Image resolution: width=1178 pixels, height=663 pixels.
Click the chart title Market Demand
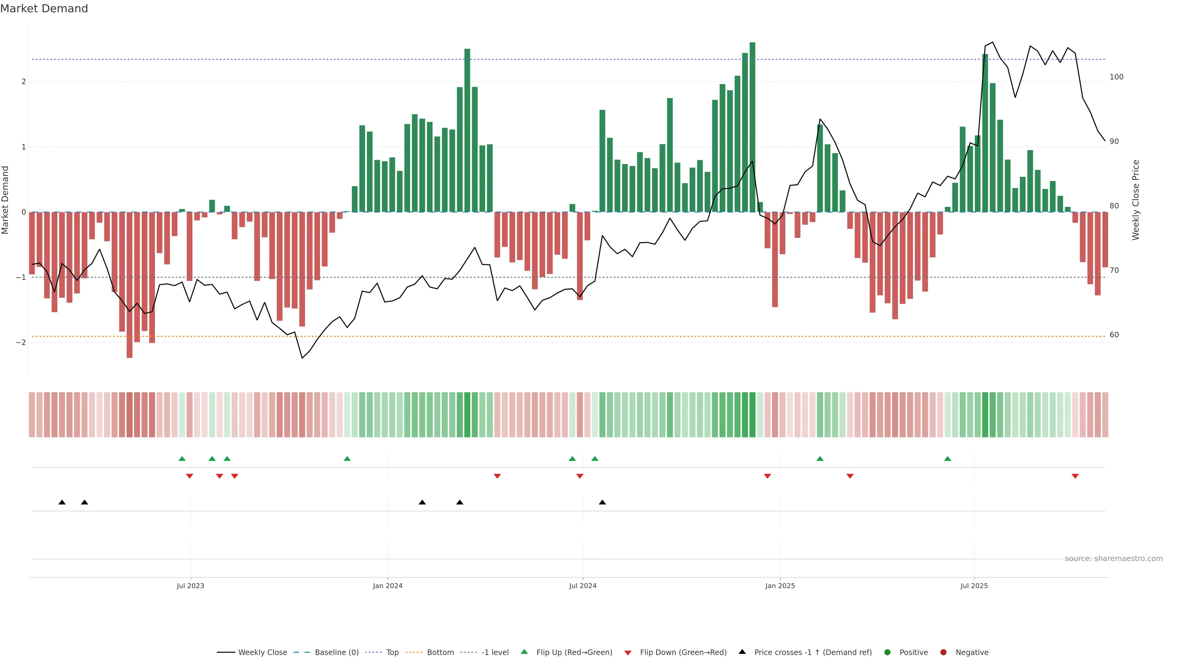(x=44, y=9)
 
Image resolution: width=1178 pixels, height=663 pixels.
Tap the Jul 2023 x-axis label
(x=190, y=586)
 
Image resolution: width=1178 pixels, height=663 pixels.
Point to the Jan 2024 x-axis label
(x=387, y=586)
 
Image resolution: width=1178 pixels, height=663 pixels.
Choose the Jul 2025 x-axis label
(x=974, y=586)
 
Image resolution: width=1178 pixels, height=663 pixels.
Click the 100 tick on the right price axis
(x=1116, y=77)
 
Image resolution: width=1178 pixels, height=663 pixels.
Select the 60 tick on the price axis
(x=1114, y=335)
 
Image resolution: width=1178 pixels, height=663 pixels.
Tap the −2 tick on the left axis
(x=21, y=342)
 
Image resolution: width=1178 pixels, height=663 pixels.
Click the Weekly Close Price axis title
(x=1136, y=200)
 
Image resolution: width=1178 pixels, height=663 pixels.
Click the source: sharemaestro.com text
(x=1114, y=559)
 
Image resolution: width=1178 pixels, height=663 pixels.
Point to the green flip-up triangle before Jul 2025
(x=948, y=459)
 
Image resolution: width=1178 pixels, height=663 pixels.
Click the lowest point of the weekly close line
(x=302, y=358)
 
